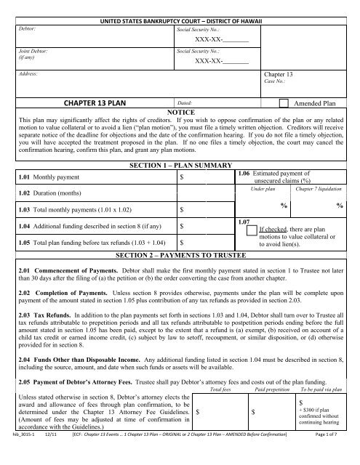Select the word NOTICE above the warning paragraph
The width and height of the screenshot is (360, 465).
180,114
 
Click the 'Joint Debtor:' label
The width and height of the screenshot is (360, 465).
30,55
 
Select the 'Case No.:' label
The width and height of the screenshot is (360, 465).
274,82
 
